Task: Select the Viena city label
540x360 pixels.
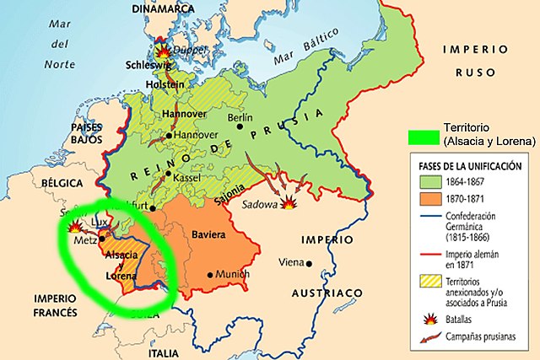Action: tap(293, 262)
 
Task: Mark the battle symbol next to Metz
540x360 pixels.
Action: tap(75, 227)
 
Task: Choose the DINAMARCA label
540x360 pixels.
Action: tap(163, 8)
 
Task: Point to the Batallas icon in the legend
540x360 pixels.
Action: tap(425, 321)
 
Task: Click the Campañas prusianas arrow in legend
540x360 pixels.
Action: tap(425, 340)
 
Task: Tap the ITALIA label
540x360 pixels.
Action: tap(164, 352)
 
